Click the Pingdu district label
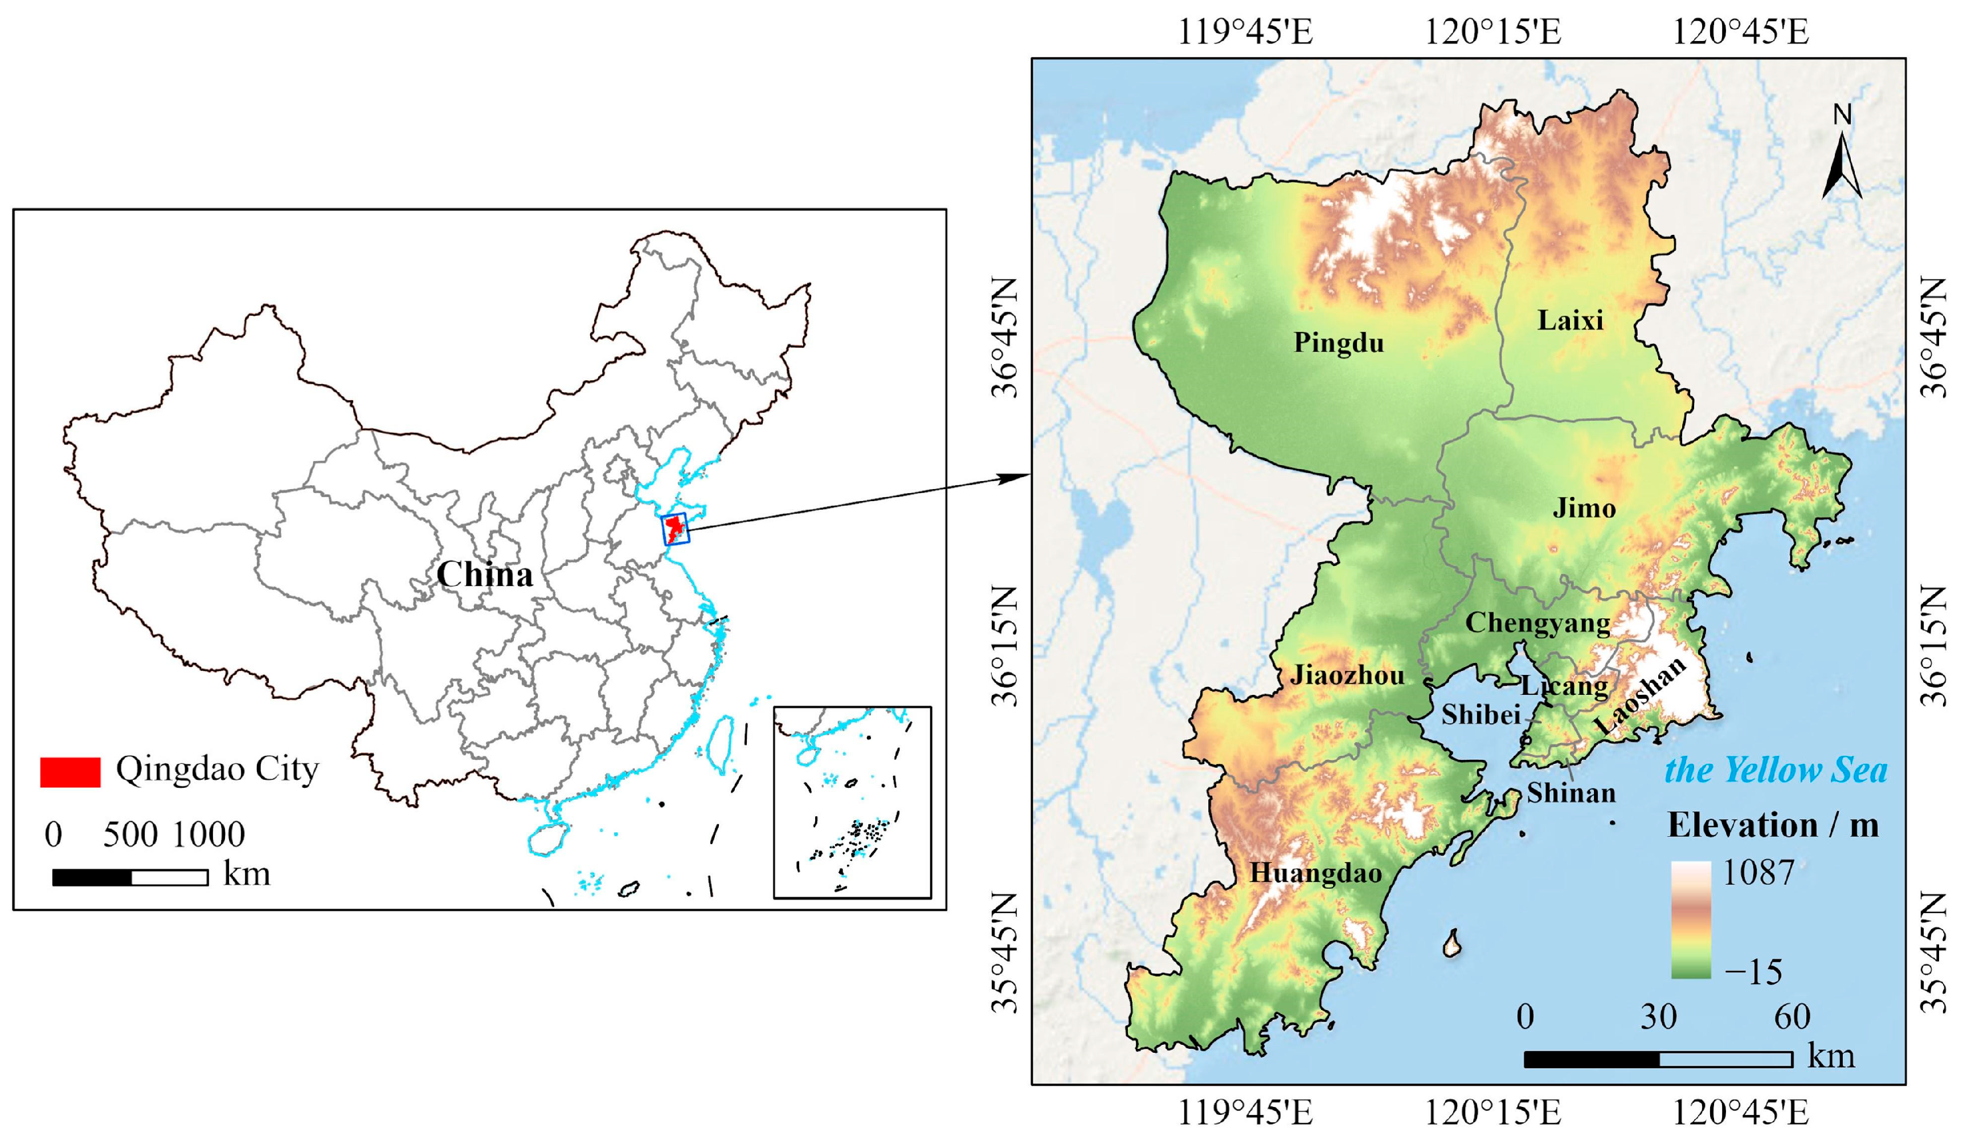(1338, 343)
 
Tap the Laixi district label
(1569, 320)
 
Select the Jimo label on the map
(1584, 508)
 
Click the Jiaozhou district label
(1347, 675)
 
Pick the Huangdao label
(1316, 873)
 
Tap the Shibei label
(1480, 715)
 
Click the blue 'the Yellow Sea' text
(1776, 770)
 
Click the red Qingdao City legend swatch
(70, 771)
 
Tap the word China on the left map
(485, 575)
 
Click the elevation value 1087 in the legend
(1757, 873)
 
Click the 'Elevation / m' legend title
(1772, 826)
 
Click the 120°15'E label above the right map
(1492, 32)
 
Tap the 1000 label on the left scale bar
(208, 834)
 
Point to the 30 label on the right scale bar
(1658, 1017)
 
